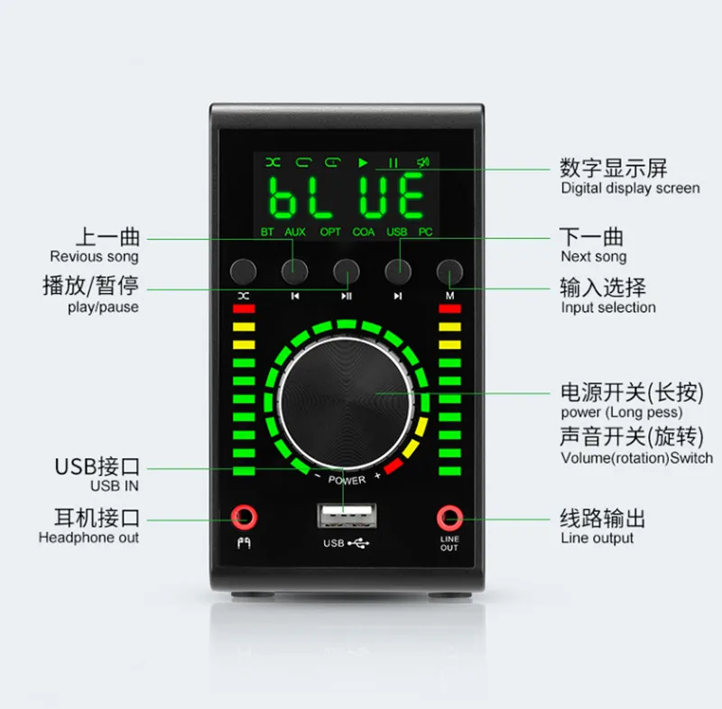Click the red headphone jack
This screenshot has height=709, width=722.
242,518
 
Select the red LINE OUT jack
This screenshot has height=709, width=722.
449,518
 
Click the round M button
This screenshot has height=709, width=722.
449,271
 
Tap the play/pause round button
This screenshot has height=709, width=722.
347,271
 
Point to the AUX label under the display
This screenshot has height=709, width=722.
295,232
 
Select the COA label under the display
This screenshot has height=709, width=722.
364,232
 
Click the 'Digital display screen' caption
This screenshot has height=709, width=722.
630,189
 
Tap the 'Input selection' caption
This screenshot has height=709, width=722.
608,308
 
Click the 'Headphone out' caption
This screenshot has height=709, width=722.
88,538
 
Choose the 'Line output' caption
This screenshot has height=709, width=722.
597,539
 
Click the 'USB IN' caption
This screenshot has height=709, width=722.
115,486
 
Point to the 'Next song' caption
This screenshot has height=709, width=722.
594,257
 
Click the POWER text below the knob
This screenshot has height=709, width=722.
347,480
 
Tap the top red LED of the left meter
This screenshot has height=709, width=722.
244,308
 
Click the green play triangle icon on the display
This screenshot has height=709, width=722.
363,163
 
